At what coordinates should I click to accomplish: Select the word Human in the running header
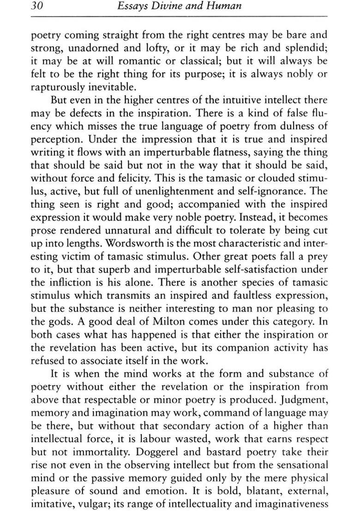[227, 6]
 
